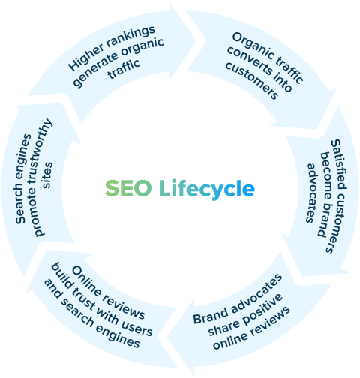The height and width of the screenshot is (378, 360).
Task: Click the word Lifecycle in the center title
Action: tap(206, 188)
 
